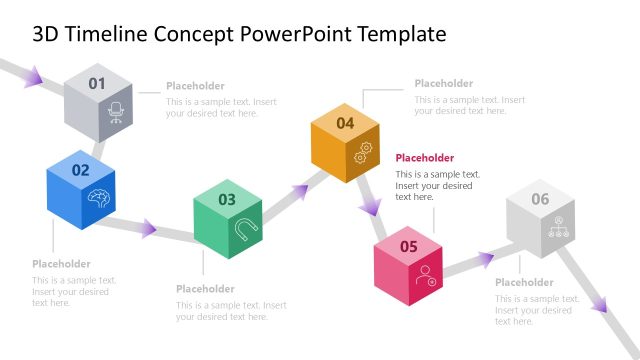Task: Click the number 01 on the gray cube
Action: pos(97,84)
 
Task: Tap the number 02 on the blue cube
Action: pos(80,170)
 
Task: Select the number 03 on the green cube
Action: pos(227,199)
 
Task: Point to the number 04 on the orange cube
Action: pos(345,123)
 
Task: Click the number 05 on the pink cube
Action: pos(409,246)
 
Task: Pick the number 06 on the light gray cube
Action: pos(540,199)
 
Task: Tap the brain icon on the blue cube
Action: pos(98,197)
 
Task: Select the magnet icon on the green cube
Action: pos(244,228)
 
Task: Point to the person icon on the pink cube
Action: pos(427,274)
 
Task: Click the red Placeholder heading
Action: pos(424,158)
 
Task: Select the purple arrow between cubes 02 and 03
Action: pos(147,229)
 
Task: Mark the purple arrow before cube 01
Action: pos(34,76)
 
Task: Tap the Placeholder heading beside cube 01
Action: pos(195,86)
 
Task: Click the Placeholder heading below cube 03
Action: pos(205,289)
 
